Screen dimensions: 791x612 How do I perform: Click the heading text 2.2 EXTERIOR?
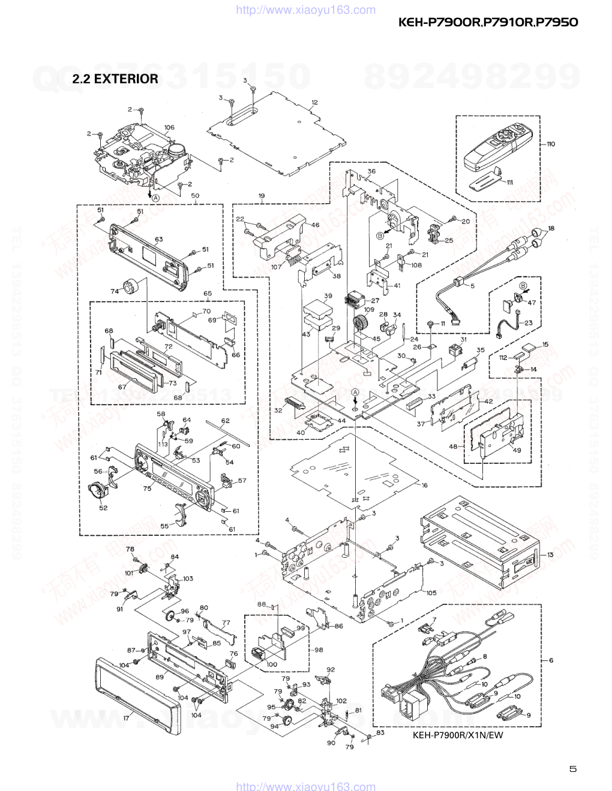pos(115,79)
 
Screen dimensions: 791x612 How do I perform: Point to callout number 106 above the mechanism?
pos(169,127)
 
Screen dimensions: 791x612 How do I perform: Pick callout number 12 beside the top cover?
pos(314,102)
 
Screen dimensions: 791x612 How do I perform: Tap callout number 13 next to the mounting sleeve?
pos(550,555)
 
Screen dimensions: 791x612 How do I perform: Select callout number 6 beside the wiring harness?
pos(551,660)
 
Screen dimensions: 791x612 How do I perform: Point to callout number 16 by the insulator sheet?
pos(425,485)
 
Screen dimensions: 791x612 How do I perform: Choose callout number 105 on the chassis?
pos(431,593)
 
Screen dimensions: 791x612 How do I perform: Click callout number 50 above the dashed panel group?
pos(195,196)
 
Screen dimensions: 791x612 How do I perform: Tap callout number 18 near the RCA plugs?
pos(551,228)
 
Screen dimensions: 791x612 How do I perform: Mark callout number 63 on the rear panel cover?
pos(158,240)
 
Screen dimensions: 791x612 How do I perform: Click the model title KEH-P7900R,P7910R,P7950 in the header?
pos(488,23)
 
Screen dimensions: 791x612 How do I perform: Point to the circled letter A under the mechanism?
pos(155,197)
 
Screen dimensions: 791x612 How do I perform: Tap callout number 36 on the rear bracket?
pos(371,171)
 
